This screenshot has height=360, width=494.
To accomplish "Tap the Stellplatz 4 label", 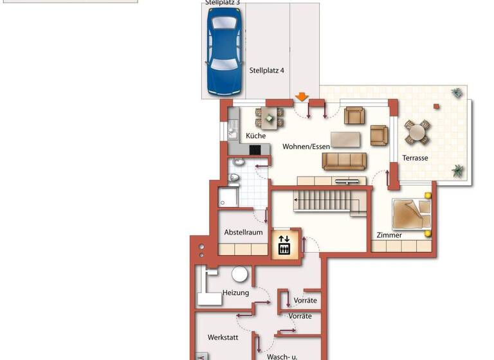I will [x=266, y=71].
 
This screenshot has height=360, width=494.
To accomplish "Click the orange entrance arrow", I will [x=301, y=98].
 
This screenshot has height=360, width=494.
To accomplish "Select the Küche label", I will [x=256, y=136].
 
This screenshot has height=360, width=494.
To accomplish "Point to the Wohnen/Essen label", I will [x=306, y=147].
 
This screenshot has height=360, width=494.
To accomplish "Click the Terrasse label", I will [x=415, y=157].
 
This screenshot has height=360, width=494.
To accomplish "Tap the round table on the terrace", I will [x=417, y=133].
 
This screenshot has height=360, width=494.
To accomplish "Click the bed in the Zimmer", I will [x=410, y=213].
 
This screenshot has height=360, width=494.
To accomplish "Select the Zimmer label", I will [x=390, y=235].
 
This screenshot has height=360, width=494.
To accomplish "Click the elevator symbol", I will [x=284, y=244].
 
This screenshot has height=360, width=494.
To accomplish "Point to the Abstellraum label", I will [x=243, y=232].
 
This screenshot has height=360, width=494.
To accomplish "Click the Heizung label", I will [x=235, y=292].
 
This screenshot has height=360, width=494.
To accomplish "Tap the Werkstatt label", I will [x=223, y=337].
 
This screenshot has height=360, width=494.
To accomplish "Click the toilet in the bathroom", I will [x=235, y=177].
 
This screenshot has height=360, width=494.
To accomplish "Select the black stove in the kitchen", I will [x=255, y=150].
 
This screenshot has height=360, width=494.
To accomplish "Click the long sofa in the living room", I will [x=344, y=161].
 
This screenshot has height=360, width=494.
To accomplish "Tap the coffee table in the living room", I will [x=345, y=139].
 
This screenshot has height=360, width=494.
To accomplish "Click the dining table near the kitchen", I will [x=270, y=118].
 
